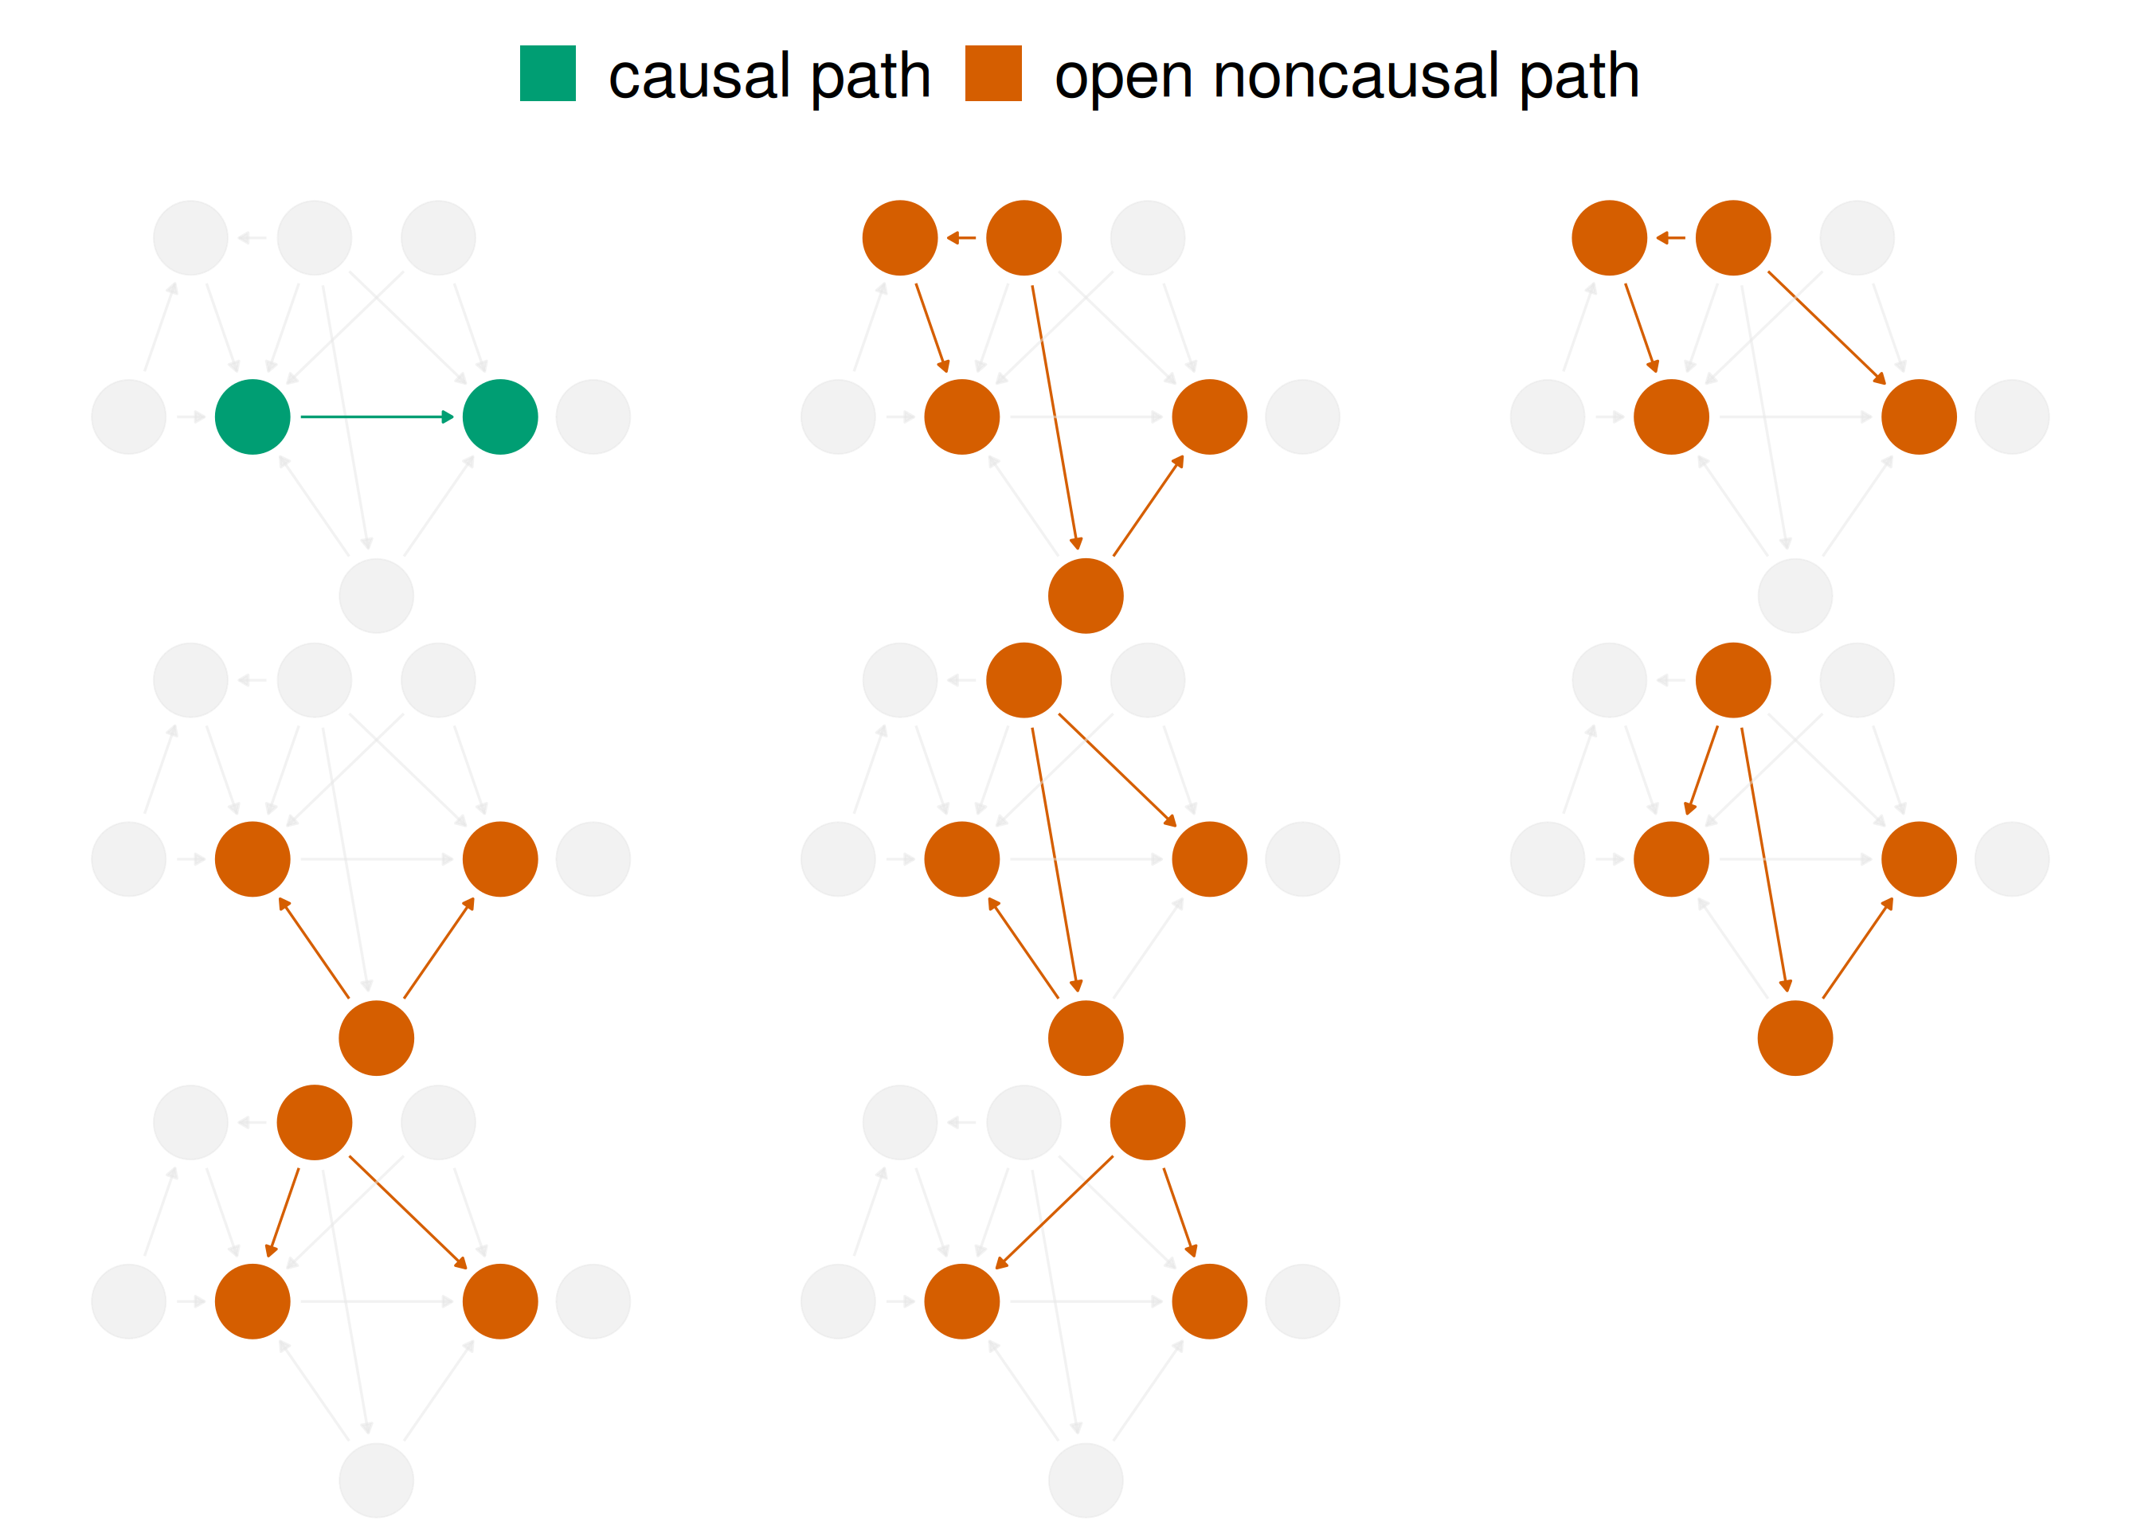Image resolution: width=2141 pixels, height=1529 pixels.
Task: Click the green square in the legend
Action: (547, 72)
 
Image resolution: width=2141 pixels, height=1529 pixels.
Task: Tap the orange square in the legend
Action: (992, 72)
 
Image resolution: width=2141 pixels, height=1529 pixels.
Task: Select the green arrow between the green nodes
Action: (377, 416)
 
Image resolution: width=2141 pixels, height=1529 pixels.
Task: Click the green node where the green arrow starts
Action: (252, 416)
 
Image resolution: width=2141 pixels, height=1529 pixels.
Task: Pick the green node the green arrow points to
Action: (500, 416)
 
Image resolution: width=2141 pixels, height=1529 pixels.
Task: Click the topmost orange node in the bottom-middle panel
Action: (1147, 1122)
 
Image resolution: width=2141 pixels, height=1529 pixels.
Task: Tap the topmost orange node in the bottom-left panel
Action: (315, 1122)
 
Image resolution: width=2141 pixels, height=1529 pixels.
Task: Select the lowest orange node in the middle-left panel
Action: (376, 1038)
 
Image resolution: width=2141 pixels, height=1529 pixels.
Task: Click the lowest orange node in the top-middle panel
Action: (1085, 595)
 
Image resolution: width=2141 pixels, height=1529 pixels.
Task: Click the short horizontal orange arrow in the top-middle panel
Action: (961, 238)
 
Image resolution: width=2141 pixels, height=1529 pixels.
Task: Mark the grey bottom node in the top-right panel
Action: (1795, 595)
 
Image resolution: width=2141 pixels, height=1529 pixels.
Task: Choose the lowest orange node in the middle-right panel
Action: (1795, 1038)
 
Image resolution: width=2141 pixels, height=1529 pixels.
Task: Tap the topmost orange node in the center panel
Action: (1024, 680)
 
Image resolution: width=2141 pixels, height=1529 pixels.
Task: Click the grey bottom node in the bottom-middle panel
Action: (1085, 1480)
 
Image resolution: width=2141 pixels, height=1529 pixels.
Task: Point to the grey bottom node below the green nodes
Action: (376, 595)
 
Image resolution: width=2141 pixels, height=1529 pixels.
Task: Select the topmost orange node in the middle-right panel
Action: (1732, 680)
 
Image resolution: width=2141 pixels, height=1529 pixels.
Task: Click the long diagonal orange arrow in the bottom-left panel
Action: (408, 1213)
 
